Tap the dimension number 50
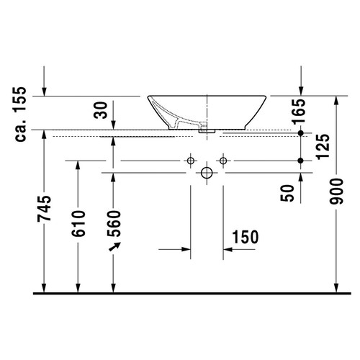click(x=288, y=192)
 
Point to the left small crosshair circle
click(x=190, y=160)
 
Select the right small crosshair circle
click(x=223, y=160)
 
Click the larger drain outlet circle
click(x=207, y=173)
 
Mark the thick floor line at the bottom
click(x=180, y=294)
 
